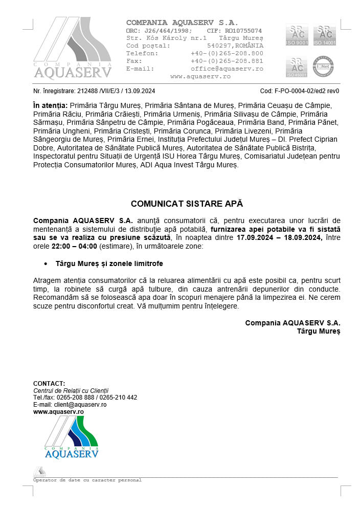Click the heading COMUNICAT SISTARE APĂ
(187, 203)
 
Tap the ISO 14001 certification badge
(325, 35)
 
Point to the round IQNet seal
(324, 67)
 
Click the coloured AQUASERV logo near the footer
(71, 437)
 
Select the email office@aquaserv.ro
(227, 69)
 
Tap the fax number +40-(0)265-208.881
(227, 61)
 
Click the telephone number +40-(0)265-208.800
(227, 53)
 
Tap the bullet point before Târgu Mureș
(46, 263)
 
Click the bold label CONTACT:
(49, 383)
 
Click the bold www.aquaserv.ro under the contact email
(58, 411)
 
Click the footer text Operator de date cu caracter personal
(87, 480)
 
